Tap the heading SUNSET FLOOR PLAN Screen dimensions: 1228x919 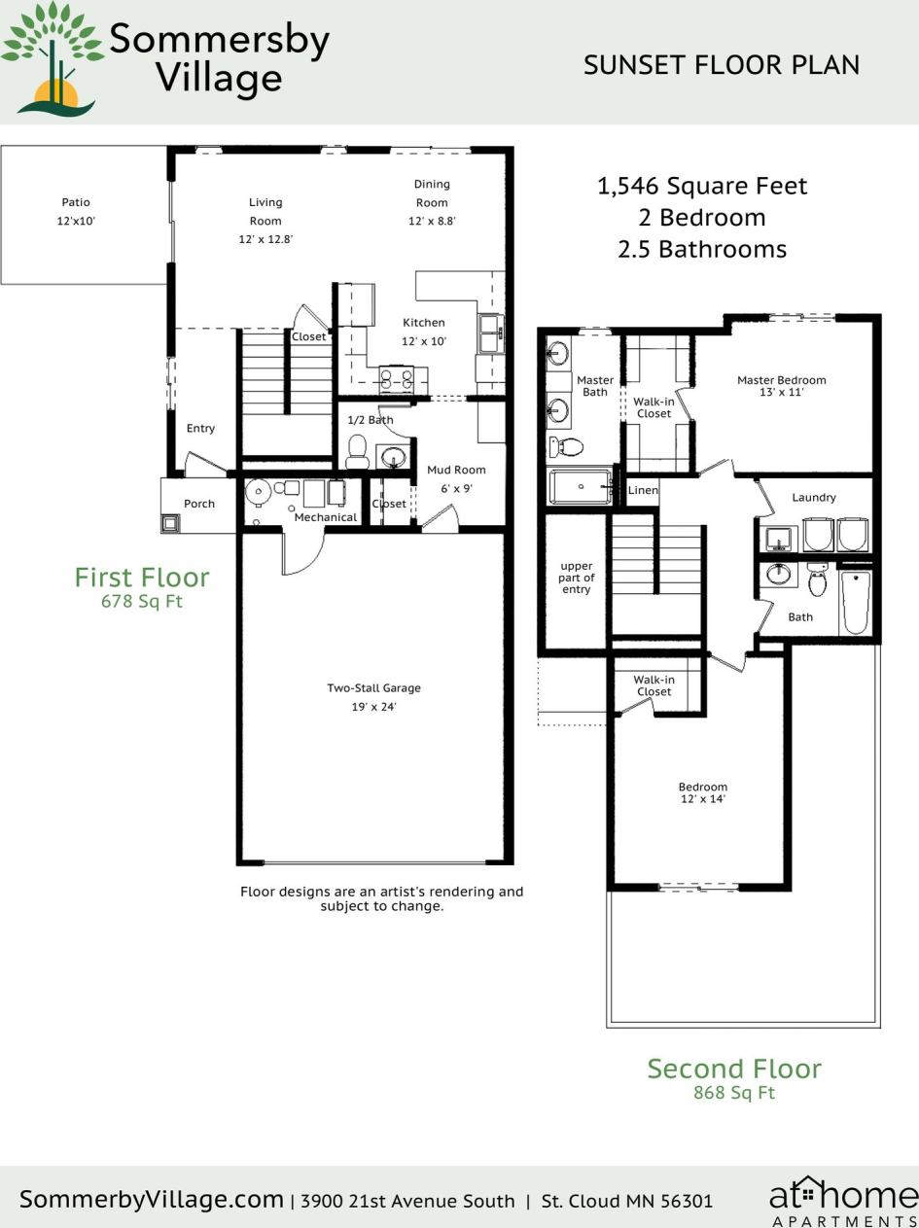722,65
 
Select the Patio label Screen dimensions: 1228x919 76,202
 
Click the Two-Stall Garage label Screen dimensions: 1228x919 373,688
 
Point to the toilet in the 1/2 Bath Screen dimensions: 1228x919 357,451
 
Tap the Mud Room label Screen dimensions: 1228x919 456,470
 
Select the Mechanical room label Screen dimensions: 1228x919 326,517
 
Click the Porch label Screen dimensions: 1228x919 199,504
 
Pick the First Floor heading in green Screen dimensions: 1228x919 142,578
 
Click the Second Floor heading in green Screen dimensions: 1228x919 734,1069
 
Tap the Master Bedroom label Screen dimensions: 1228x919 781,380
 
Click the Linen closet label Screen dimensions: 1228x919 643,490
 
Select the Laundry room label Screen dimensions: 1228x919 814,498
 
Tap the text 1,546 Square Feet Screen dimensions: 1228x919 702,186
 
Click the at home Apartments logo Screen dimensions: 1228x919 842,1202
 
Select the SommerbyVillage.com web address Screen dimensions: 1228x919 151,1200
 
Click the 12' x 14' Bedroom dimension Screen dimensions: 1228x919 703,799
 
